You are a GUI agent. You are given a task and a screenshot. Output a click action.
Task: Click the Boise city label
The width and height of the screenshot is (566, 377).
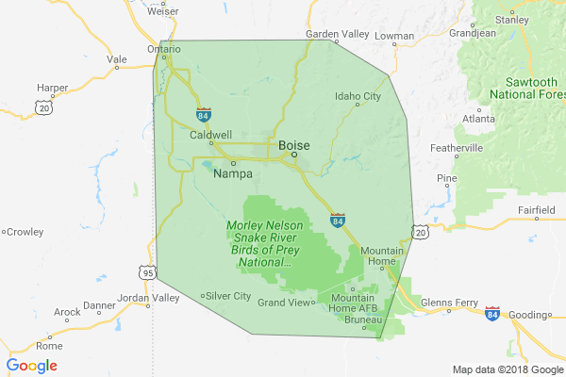tap(294, 145)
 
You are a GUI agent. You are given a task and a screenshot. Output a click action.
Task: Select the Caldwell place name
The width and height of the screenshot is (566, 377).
tap(210, 135)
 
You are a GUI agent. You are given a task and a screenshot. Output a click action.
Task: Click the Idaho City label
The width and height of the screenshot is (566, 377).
tap(358, 96)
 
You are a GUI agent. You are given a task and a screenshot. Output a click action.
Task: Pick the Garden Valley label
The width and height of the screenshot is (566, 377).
tap(337, 34)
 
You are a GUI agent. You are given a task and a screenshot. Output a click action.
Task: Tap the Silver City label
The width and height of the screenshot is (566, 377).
tap(228, 296)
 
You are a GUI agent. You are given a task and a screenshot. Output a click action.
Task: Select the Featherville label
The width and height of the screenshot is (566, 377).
tap(457, 148)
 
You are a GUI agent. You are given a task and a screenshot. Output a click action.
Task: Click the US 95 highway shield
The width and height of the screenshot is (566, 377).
tap(148, 272)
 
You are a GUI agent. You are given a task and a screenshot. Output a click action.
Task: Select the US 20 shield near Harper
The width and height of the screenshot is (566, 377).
tap(44, 108)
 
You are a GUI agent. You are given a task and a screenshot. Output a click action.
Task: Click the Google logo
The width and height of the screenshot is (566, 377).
tap(32, 366)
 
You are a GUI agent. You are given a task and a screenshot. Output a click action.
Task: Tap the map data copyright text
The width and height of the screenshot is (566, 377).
tap(506, 369)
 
